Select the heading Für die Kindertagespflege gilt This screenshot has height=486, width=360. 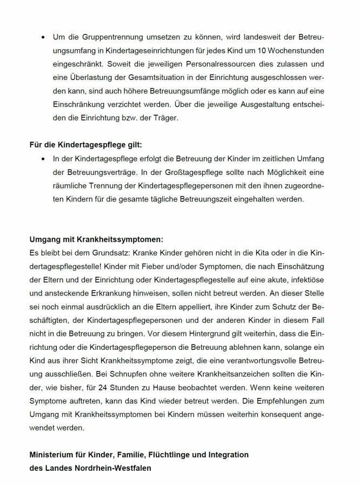[86, 145]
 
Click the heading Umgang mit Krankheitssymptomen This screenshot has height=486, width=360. [96, 238]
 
